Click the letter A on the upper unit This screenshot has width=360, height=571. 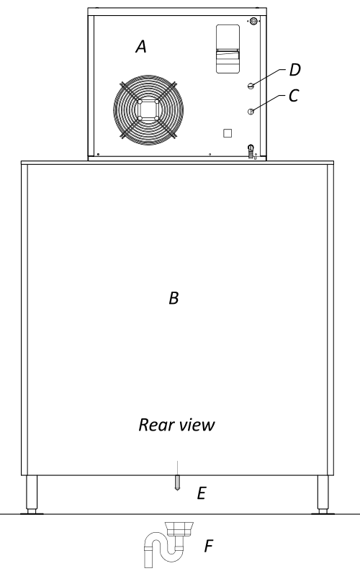141,47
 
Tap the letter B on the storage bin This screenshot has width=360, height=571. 174,298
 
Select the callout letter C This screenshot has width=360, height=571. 293,96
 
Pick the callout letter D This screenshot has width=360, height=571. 295,70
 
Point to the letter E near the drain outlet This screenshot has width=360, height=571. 202,493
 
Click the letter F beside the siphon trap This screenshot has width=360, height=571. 208,546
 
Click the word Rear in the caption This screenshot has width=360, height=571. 154,425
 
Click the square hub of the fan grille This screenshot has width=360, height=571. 148,109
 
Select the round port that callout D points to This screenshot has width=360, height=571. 251,86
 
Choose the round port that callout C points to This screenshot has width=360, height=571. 251,112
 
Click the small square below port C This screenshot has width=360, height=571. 228,133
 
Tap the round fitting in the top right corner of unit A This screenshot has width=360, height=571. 253,21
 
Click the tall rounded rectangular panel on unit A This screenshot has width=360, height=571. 228,49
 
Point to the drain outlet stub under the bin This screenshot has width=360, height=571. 177,483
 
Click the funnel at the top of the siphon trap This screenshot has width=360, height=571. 179,529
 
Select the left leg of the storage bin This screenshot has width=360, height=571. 32,495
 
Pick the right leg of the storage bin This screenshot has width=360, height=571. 323,495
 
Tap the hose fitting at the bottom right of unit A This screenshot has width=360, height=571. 251,151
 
